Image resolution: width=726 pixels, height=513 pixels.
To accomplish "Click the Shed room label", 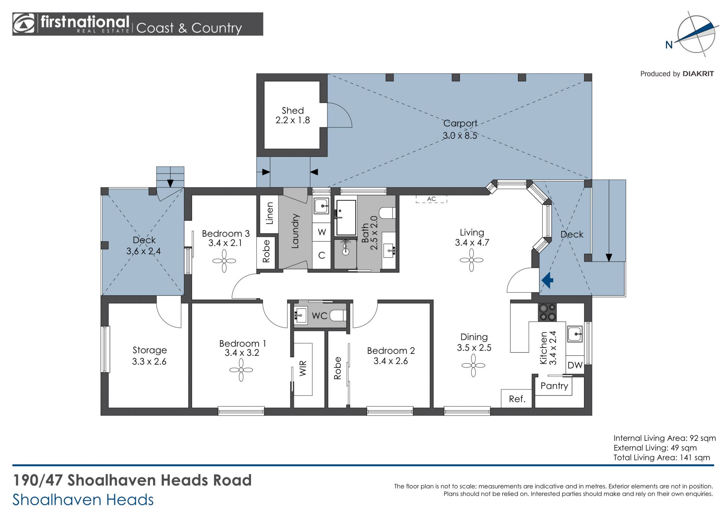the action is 293,110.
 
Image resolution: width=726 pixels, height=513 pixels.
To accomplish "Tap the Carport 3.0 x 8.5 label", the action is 460,129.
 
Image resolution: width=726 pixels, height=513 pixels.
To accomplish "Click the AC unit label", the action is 431,199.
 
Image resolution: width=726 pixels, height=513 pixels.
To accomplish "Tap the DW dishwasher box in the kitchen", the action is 575,365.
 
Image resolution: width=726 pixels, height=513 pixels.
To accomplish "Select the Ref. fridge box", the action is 517,398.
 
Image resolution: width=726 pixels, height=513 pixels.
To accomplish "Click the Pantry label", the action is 554,386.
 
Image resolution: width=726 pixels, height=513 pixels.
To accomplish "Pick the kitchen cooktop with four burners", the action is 548,312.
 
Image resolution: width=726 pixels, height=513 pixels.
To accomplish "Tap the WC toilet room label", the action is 320,316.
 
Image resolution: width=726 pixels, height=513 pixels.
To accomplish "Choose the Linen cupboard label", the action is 270,213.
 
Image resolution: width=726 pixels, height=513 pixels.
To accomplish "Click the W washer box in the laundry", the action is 322,232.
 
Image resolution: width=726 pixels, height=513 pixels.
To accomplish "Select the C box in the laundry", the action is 322,255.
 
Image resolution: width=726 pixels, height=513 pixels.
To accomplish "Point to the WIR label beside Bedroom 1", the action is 303,368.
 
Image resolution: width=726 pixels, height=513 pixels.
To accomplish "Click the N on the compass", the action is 669,45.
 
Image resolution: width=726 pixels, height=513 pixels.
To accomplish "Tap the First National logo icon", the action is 24,24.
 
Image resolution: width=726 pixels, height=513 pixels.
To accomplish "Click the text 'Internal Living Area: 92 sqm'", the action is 664,438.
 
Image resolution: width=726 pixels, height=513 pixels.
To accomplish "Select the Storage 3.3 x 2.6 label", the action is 149,356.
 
